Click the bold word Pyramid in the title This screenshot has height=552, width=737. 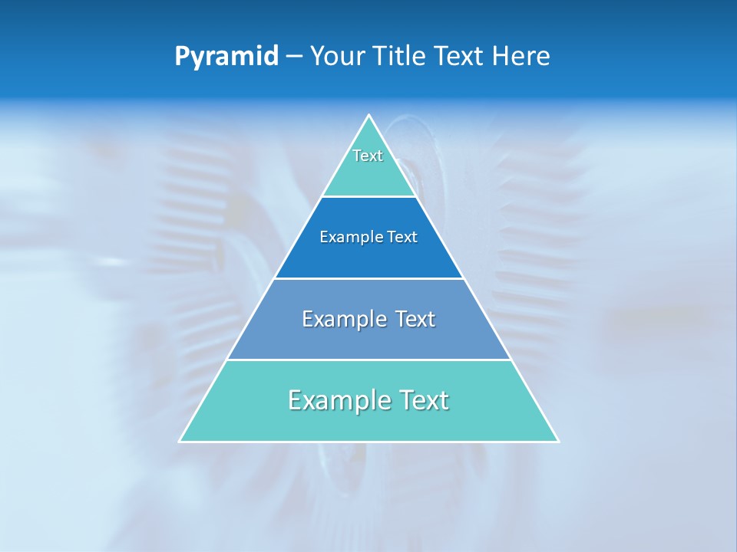[x=226, y=57]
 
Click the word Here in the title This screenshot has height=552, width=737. [x=521, y=56]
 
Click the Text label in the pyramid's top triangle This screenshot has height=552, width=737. [x=368, y=156]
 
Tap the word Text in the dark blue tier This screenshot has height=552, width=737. [x=402, y=238]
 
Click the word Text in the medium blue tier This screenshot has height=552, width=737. [x=415, y=319]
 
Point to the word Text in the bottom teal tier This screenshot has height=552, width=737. [x=421, y=400]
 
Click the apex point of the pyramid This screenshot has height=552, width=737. [x=369, y=116]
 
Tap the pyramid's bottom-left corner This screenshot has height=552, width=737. [x=180, y=441]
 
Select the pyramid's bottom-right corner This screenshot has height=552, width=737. [x=558, y=441]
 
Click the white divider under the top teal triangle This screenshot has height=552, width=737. [x=369, y=197]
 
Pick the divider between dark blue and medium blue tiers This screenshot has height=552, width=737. [x=369, y=278]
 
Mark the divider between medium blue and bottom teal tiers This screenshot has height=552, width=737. [x=369, y=360]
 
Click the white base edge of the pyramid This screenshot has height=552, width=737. [x=369, y=442]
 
